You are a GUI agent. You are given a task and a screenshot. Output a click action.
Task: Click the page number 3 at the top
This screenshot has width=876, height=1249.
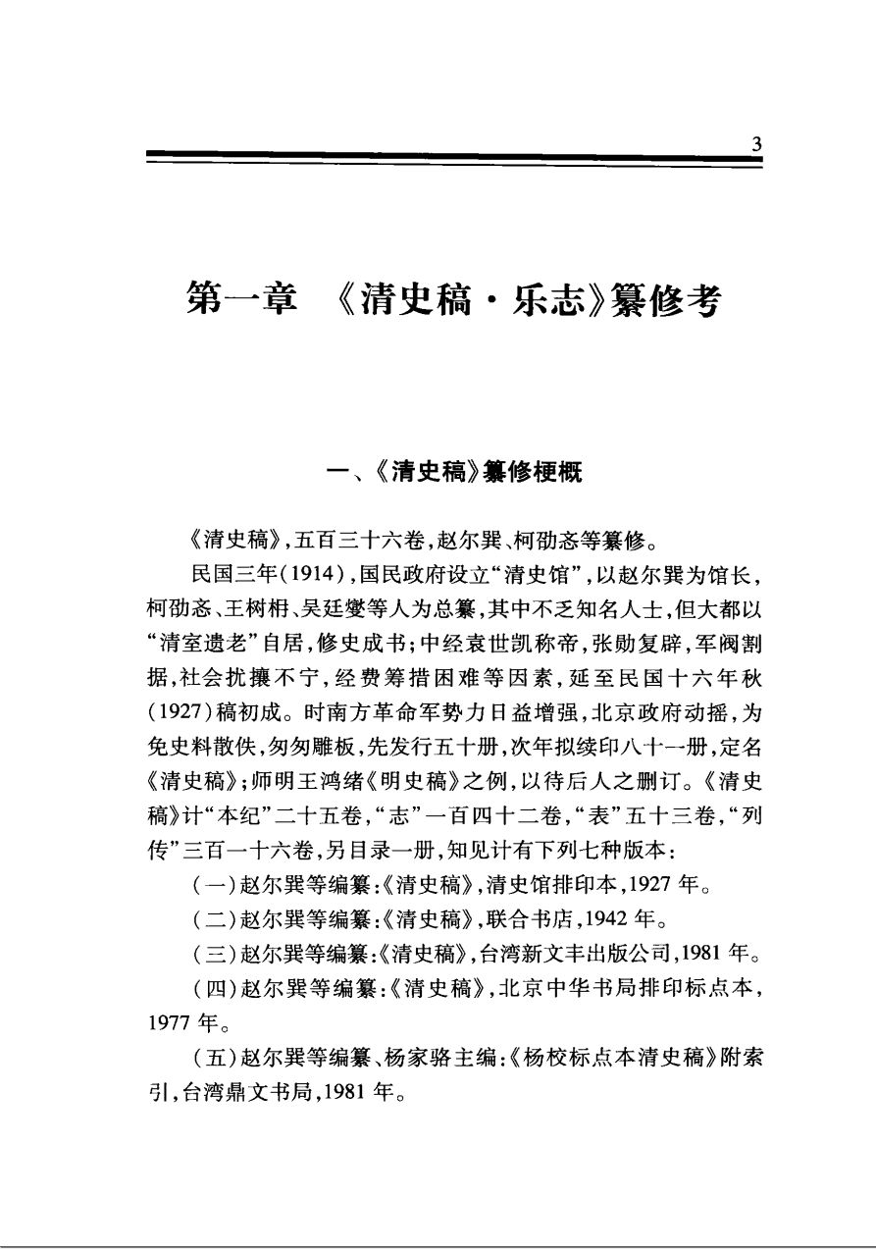755,144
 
